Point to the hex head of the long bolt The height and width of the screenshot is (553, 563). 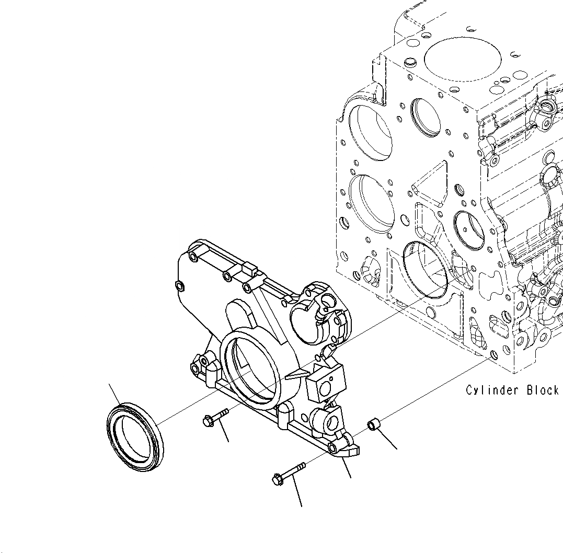tap(278, 478)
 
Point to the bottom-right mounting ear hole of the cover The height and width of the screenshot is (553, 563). tap(334, 447)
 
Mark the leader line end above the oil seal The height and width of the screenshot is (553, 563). tap(109, 384)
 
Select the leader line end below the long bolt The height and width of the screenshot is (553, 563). tap(302, 506)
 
